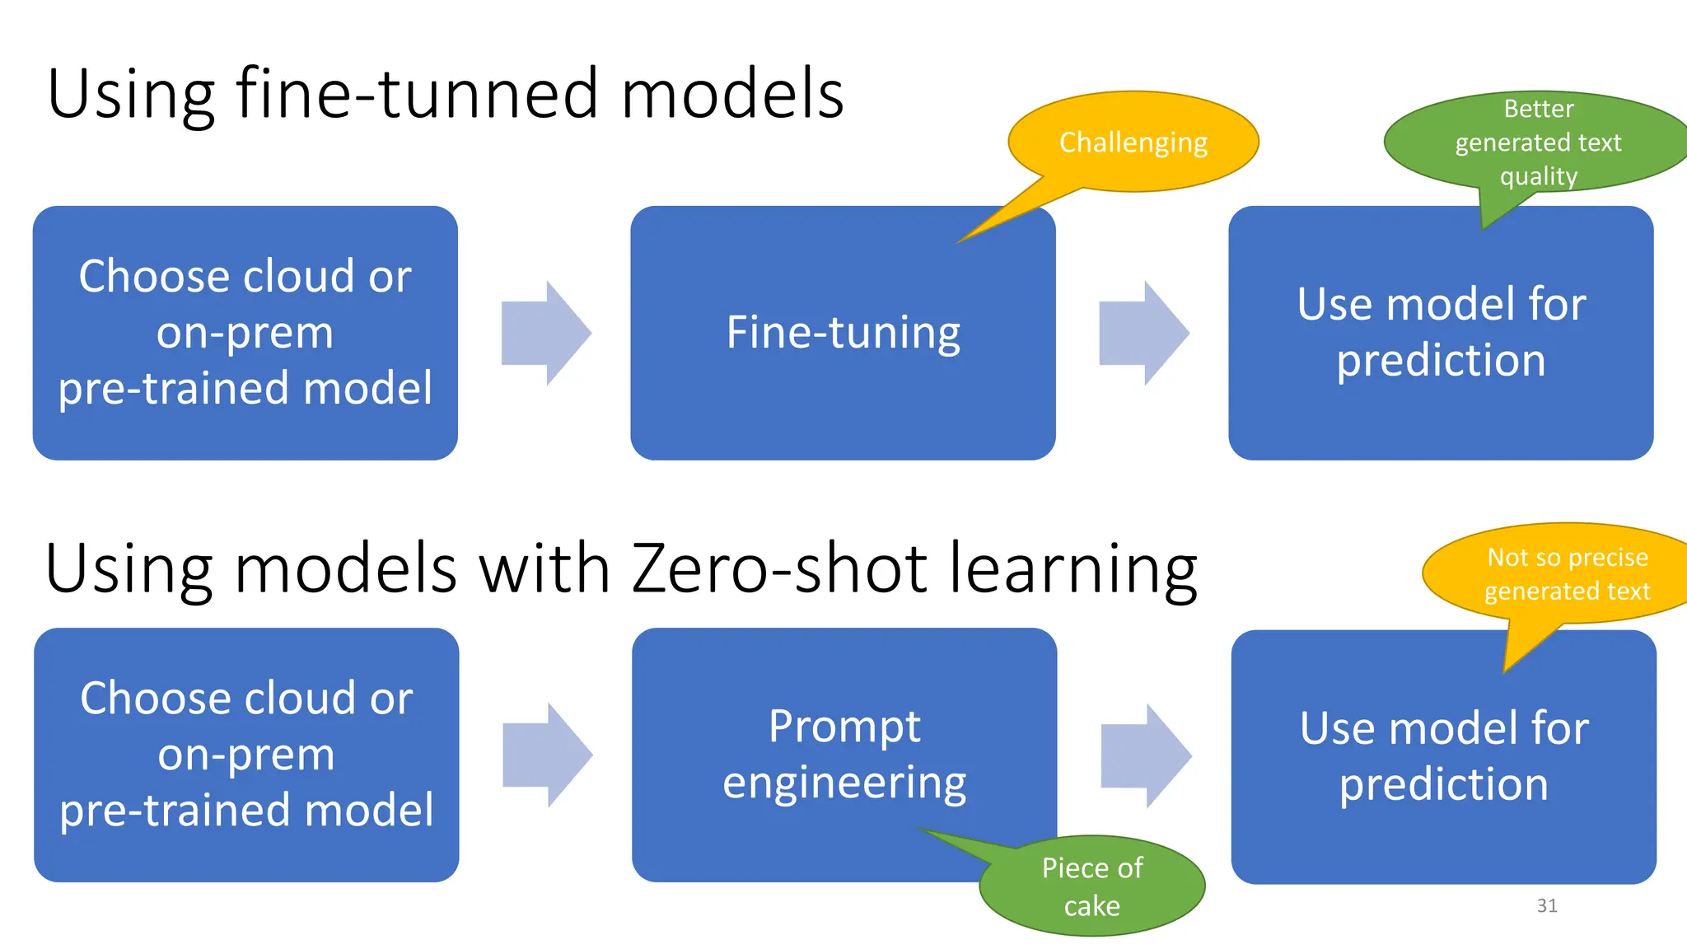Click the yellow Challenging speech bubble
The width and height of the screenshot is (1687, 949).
tap(1133, 143)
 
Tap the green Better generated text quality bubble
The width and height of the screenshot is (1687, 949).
tap(1537, 143)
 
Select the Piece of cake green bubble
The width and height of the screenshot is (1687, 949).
tap(1091, 886)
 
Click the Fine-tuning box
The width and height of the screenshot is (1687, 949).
tap(843, 333)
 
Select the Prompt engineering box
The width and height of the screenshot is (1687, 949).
tap(843, 755)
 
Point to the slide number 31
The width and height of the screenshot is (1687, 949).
tap(1546, 906)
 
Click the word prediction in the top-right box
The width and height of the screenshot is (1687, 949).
tap(1440, 361)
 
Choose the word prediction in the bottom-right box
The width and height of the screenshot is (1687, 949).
tap(1443, 784)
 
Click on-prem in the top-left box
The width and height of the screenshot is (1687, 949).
tap(245, 333)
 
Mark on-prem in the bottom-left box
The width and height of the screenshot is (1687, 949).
tap(246, 755)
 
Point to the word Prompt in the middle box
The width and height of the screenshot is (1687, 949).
tap(843, 727)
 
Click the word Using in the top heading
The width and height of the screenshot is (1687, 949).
tap(131, 96)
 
